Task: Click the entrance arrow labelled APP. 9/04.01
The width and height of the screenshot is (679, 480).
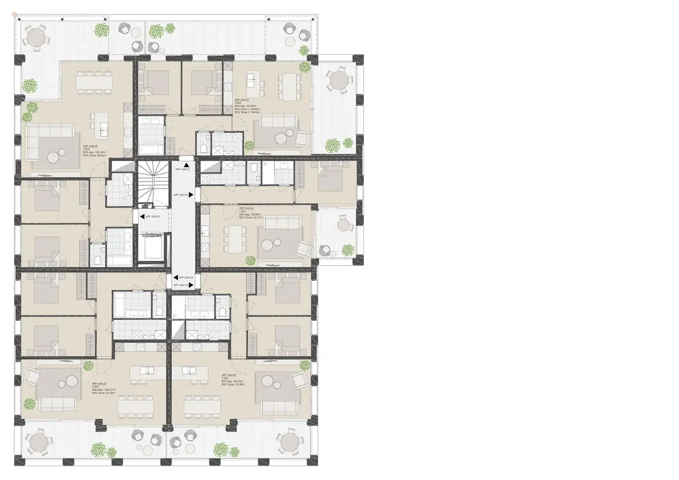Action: pyautogui.click(x=186, y=165)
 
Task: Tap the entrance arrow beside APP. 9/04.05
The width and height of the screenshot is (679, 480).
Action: pyautogui.click(x=191, y=195)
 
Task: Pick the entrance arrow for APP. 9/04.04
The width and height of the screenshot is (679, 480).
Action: pyautogui.click(x=191, y=285)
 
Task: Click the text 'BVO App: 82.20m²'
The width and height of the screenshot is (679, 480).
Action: pyautogui.click(x=246, y=106)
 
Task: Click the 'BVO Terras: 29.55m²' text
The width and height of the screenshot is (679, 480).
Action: pyautogui.click(x=95, y=156)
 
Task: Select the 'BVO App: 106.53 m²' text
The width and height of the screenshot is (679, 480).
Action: pyautogui.click(x=104, y=390)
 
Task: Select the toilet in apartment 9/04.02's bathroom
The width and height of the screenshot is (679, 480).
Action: pyautogui.click(x=97, y=260)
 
